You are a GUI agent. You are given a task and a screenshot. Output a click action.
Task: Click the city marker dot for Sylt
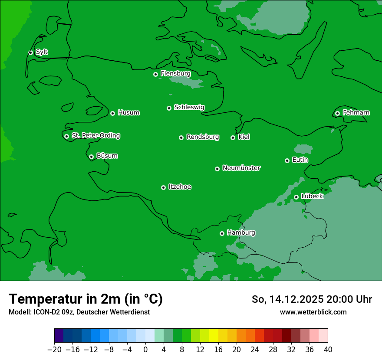click(x=30, y=52)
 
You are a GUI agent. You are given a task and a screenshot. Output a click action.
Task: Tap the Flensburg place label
click(x=175, y=74)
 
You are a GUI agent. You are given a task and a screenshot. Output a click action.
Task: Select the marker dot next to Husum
click(x=112, y=113)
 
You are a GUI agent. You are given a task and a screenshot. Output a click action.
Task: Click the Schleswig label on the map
click(x=189, y=107)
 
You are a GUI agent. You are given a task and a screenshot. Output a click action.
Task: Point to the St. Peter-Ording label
click(x=95, y=136)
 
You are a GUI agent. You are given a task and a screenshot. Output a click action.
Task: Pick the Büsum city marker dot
click(x=91, y=157)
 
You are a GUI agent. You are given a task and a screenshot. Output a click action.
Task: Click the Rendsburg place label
click(x=202, y=137)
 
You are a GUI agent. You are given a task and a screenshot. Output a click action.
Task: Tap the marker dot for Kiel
click(x=233, y=137)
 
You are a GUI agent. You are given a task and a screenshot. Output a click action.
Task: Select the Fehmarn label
click(x=356, y=113)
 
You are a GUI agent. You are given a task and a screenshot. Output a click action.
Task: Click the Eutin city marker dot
click(x=287, y=160)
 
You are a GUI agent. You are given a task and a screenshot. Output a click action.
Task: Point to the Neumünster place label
click(x=241, y=168)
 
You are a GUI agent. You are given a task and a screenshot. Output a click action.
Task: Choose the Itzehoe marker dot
click(x=163, y=187)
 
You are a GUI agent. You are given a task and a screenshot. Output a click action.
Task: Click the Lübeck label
click(x=312, y=196)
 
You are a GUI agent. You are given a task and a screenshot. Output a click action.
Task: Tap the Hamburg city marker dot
click(x=222, y=233)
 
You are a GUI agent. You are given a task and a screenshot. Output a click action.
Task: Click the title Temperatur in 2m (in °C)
click(x=86, y=299)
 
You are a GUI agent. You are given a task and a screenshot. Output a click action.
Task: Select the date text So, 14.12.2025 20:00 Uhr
click(x=312, y=299)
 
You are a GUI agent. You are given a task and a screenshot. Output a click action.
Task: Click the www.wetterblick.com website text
click(x=313, y=312)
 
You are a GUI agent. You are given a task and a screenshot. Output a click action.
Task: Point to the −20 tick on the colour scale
click(x=54, y=350)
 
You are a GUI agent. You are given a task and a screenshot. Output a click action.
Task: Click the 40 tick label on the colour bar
click(x=328, y=350)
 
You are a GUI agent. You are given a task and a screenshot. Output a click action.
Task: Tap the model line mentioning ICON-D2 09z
click(x=79, y=312)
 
